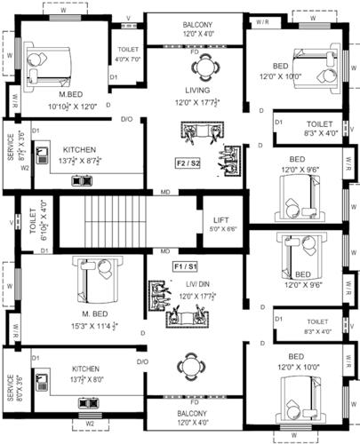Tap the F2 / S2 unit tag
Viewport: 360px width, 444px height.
tap(188, 163)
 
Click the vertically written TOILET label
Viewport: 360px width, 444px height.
tap(31, 223)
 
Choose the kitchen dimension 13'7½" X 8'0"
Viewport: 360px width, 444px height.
tap(86, 379)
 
